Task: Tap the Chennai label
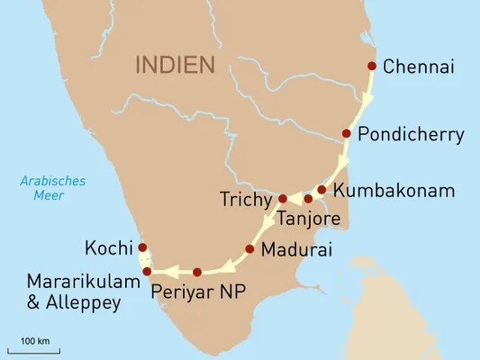pyautogui.click(x=419, y=66)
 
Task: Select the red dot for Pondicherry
pyautogui.click(x=346, y=133)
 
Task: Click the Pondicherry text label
pyautogui.click(x=411, y=135)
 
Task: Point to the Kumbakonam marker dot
pyautogui.click(x=322, y=190)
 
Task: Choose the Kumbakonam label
pyautogui.click(x=394, y=191)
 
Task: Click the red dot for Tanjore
pyautogui.click(x=308, y=198)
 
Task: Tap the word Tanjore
pyautogui.click(x=309, y=218)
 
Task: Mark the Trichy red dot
pyautogui.click(x=282, y=198)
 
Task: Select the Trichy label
pyautogui.click(x=245, y=198)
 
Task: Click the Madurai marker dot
pyautogui.click(x=249, y=248)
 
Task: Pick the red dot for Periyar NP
pyautogui.click(x=197, y=272)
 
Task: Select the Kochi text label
pyautogui.click(x=108, y=247)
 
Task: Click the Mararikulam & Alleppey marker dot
pyautogui.click(x=147, y=271)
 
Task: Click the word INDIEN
pyautogui.click(x=175, y=65)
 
